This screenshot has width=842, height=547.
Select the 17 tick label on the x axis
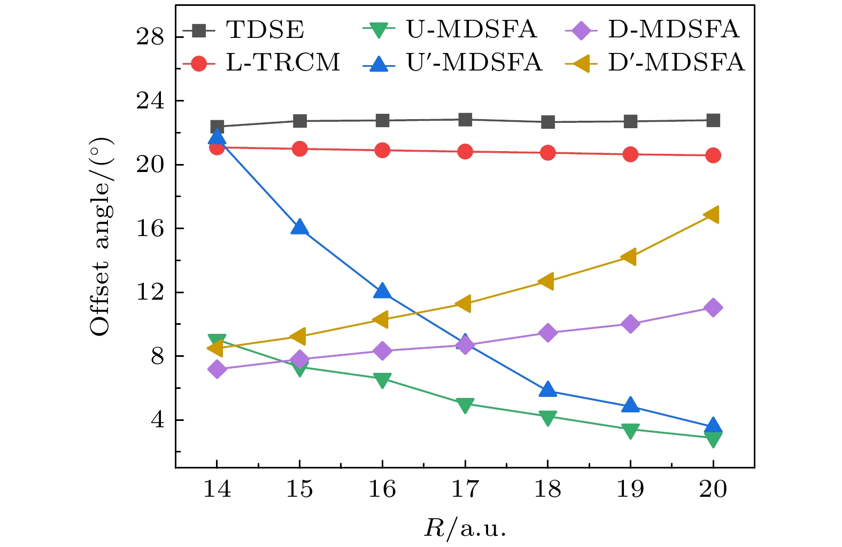tap(465, 489)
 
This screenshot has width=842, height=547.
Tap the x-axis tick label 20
tap(713, 489)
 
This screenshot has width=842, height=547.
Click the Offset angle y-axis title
tap(101, 237)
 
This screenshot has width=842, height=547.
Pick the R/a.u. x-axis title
tap(465, 528)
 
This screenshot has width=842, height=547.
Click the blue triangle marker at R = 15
tap(299, 227)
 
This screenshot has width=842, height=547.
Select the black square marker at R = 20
tap(713, 120)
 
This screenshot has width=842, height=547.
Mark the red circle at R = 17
tap(465, 151)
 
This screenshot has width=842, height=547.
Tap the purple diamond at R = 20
tap(713, 308)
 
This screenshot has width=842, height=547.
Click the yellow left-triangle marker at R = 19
tap(629, 257)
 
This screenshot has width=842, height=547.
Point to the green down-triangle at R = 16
tap(382, 380)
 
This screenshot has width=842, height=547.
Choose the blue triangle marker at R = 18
tap(547, 389)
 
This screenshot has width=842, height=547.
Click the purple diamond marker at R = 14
tap(217, 369)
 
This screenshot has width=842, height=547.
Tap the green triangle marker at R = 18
tap(547, 417)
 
